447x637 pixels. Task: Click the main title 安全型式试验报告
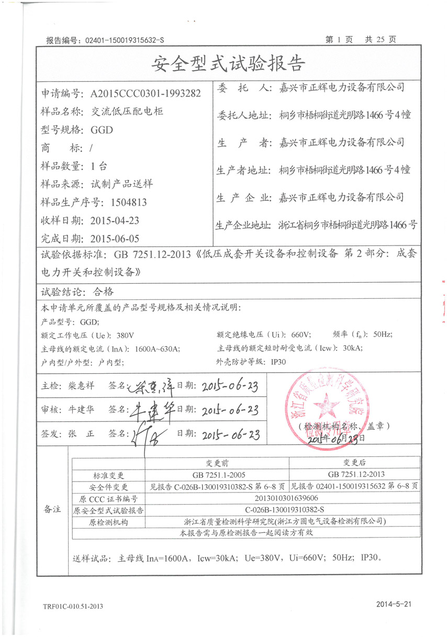coord(228,64)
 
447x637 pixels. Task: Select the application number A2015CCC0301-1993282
coord(146,94)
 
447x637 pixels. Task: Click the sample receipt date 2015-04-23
coord(115,220)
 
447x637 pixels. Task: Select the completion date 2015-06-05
coord(115,239)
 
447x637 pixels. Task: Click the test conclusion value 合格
coord(103,292)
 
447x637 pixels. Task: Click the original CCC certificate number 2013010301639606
coord(285,498)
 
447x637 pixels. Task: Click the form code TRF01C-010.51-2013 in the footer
coord(73,607)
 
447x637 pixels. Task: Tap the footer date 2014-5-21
coord(394,604)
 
